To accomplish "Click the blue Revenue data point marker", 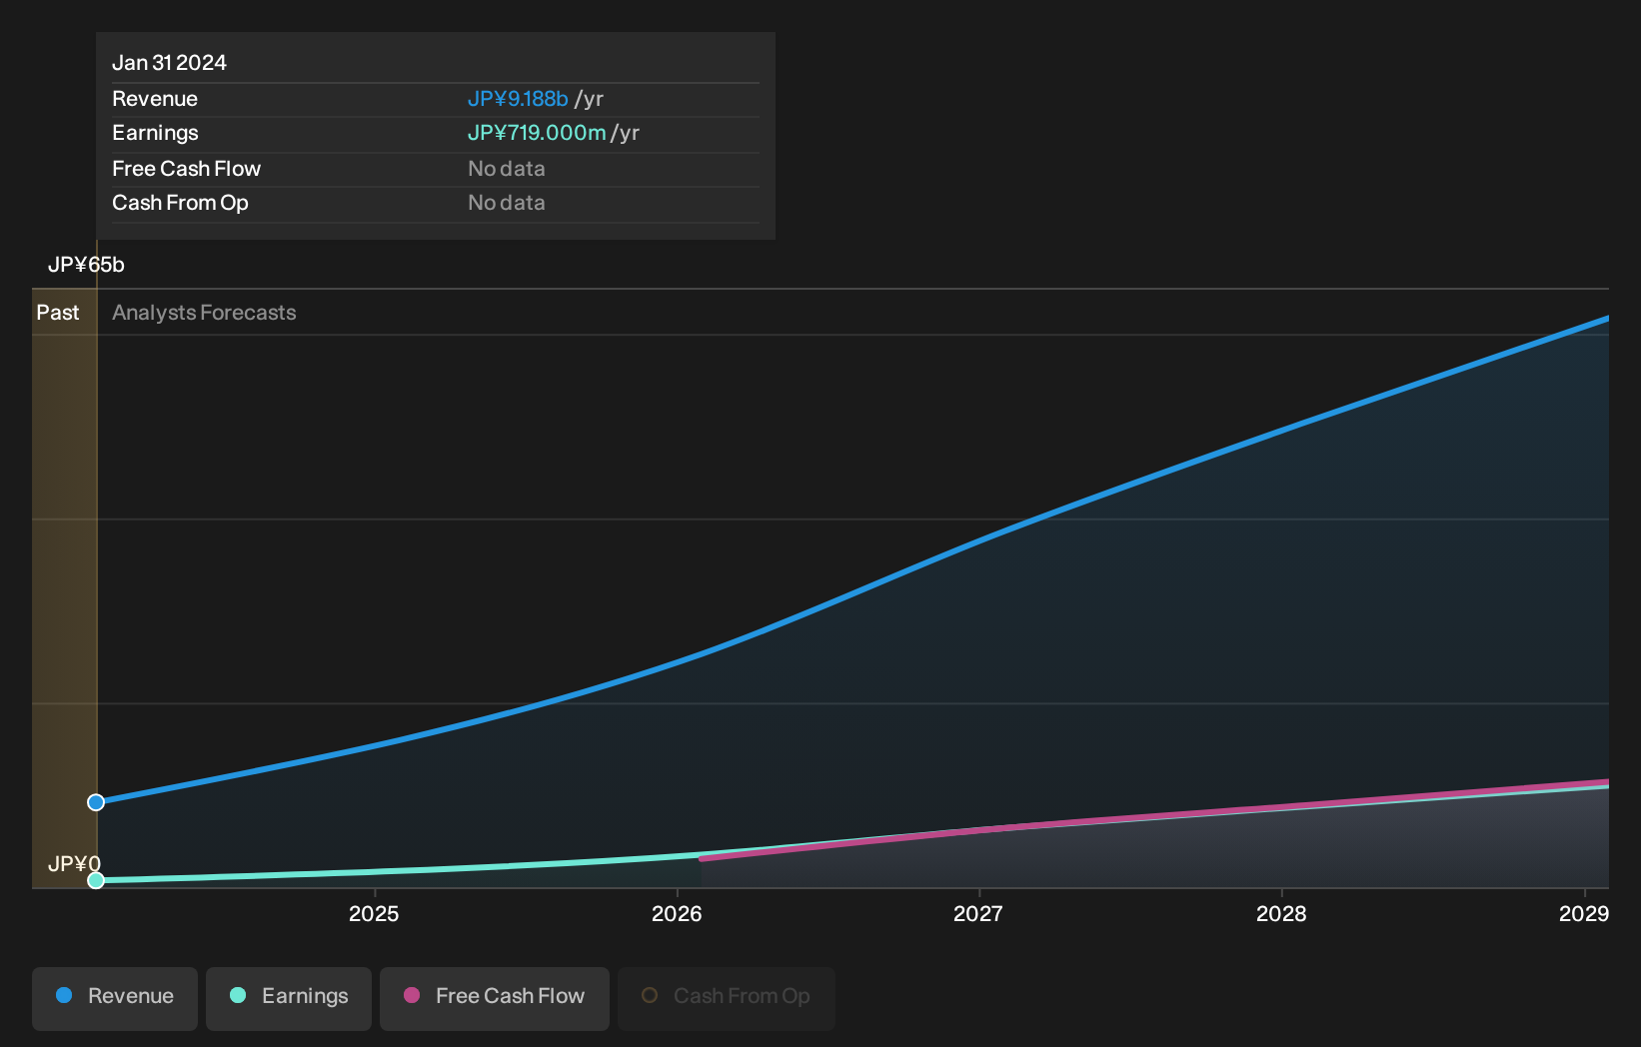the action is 96,802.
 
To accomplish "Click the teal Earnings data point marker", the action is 96,880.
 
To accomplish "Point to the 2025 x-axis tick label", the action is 374,914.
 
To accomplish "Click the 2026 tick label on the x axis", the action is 677,914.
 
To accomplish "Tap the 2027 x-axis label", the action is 978,914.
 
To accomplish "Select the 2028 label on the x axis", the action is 1281,914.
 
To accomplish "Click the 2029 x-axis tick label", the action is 1584,914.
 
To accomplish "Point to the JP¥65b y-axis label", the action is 86,265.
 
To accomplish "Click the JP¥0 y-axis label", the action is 74,864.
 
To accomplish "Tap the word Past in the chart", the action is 58,313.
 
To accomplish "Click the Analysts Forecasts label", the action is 204,313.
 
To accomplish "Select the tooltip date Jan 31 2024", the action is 169,63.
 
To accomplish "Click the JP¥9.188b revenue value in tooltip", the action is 518,99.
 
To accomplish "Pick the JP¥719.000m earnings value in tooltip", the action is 537,133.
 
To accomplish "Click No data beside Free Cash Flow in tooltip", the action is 507,169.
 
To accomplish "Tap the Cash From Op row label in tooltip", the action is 180,203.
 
